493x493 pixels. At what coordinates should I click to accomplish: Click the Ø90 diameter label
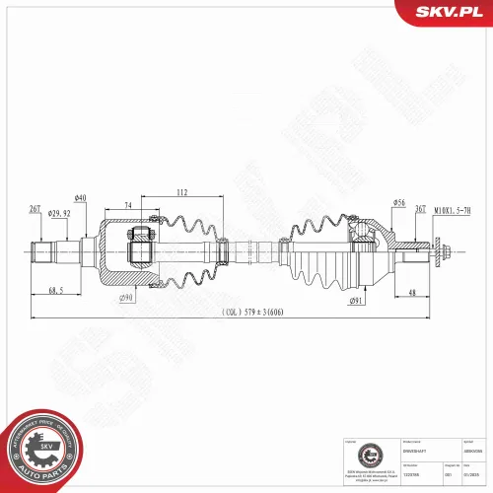pyautogui.click(x=125, y=298)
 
